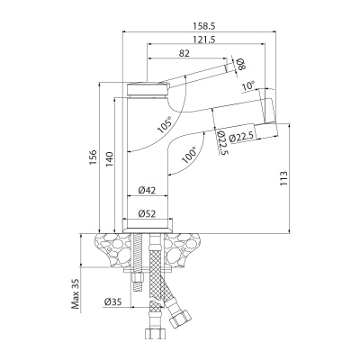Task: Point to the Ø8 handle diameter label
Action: point(240,63)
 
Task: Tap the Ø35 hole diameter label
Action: point(112,301)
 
